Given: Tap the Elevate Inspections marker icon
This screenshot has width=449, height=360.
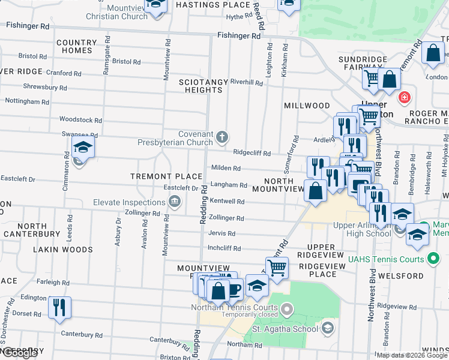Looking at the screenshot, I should point(175,200).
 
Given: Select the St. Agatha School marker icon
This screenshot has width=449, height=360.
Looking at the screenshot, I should point(328,328).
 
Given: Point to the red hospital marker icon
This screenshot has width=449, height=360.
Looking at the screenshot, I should point(405,96).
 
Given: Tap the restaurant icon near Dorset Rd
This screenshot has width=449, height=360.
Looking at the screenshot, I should point(59,307).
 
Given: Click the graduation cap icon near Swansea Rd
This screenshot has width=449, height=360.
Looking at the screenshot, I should point(83,147).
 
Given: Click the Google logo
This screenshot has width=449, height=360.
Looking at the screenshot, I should point(20,353).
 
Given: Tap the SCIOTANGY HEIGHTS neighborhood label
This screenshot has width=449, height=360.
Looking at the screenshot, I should point(200,85).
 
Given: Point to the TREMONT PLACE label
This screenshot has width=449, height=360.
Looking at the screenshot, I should point(166,176).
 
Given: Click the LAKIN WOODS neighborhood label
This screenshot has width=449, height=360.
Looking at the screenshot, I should point(63,249).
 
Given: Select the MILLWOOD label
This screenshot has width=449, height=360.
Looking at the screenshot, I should point(307,106).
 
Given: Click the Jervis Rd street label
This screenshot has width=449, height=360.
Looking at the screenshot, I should point(221,233).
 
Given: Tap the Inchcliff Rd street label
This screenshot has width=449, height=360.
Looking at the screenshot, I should point(224,248).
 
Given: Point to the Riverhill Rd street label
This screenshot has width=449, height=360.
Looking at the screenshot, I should point(246,83).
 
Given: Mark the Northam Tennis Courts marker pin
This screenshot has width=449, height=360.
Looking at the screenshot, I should point(287,309).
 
